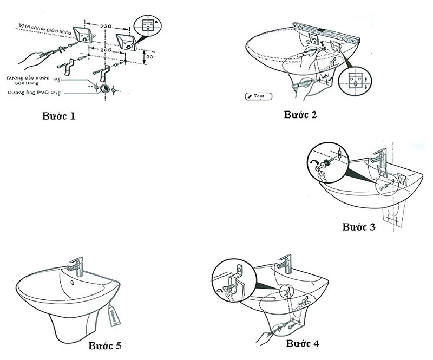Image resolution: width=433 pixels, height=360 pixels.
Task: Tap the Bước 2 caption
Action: [x=300, y=114]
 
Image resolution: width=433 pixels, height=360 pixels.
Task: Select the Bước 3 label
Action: [x=359, y=226]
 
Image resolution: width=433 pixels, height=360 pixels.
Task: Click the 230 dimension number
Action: [x=107, y=25]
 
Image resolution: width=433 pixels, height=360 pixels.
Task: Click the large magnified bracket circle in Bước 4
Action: [x=234, y=279]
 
